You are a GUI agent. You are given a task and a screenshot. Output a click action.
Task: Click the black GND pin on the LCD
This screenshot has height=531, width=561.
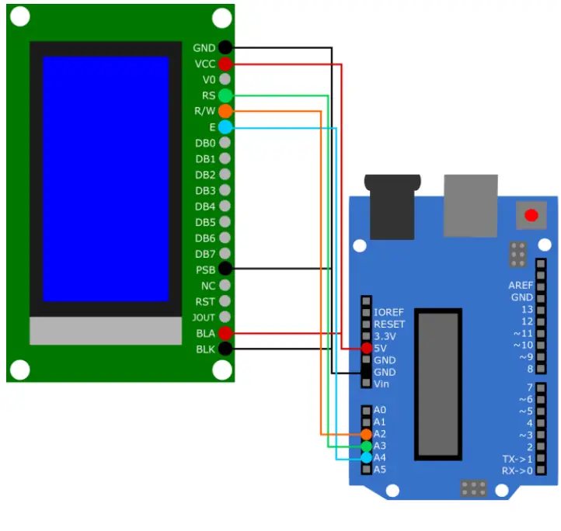click(x=225, y=47)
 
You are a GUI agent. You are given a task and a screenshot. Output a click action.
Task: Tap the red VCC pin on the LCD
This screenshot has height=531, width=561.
click(x=225, y=64)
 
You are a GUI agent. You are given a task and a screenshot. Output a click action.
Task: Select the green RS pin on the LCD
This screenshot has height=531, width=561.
click(x=225, y=95)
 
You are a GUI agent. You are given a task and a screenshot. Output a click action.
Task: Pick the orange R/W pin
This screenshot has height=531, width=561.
click(x=225, y=111)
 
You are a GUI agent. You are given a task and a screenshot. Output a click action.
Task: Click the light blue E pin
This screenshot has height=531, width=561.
click(x=225, y=127)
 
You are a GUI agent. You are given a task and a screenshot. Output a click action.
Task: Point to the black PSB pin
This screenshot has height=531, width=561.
click(x=225, y=269)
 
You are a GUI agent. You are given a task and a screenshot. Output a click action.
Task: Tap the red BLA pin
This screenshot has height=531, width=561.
click(x=225, y=333)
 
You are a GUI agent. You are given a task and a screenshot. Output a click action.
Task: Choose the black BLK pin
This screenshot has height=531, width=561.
click(x=225, y=349)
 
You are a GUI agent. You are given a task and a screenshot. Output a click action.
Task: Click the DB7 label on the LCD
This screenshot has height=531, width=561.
click(x=205, y=254)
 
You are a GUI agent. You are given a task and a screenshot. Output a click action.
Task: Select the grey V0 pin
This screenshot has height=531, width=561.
click(x=225, y=79)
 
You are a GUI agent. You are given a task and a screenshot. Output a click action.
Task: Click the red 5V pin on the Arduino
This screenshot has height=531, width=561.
click(x=366, y=349)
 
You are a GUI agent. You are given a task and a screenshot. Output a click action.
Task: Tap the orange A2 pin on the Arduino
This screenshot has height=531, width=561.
click(x=366, y=434)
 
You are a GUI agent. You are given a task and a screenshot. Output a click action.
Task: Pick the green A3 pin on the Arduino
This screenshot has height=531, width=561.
click(x=366, y=446)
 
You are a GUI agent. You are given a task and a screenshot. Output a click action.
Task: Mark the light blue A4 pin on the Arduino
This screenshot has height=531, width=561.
click(x=366, y=458)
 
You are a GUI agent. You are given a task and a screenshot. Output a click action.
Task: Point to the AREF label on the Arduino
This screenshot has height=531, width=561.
click(x=521, y=286)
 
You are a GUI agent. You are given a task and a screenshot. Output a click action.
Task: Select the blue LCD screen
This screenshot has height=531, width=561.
click(x=106, y=179)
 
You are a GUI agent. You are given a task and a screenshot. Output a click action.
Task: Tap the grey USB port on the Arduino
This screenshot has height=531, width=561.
click(x=471, y=205)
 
